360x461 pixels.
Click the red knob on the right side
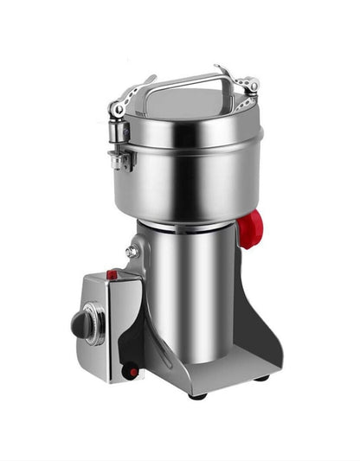[x=249, y=228]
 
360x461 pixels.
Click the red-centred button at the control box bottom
[x=132, y=372]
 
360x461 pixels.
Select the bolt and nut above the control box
[x=132, y=252]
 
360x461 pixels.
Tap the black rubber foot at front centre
[x=197, y=395]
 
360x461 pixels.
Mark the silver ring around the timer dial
[x=92, y=325]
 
